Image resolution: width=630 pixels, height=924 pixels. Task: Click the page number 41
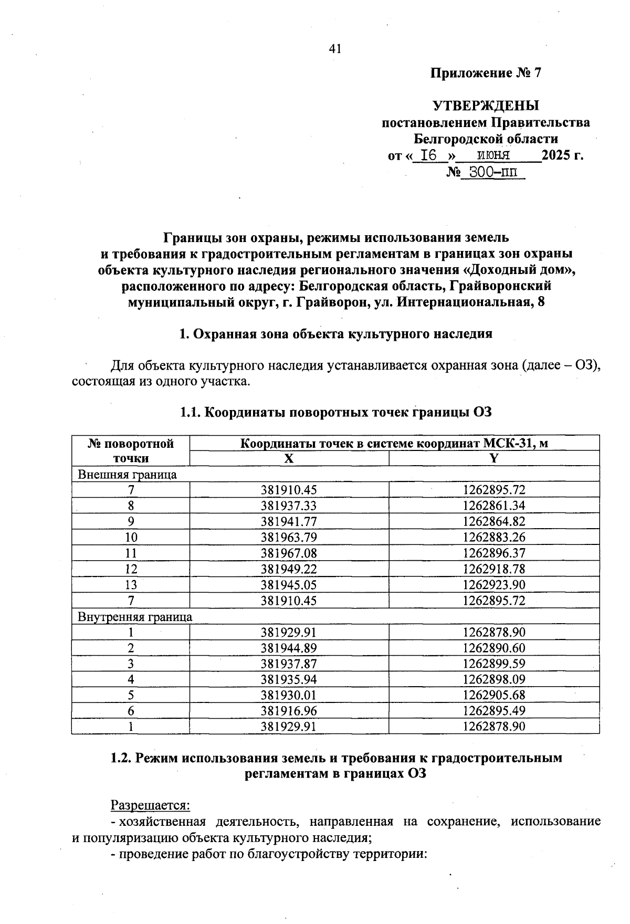click(x=335, y=49)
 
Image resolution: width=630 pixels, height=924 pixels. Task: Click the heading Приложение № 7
click(x=485, y=73)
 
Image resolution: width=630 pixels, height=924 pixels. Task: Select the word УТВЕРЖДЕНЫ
click(x=486, y=106)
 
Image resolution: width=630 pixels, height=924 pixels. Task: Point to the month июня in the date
click(x=493, y=155)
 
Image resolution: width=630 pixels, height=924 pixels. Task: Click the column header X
click(x=289, y=458)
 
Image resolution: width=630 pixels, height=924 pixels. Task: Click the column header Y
click(x=493, y=458)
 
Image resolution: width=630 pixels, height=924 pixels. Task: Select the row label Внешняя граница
click(x=127, y=475)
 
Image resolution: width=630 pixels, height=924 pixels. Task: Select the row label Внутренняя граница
click(x=135, y=616)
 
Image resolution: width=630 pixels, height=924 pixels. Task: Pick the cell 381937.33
click(x=289, y=506)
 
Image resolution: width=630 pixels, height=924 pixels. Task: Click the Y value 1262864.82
click(x=493, y=521)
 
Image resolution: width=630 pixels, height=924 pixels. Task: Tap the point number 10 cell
click(x=131, y=537)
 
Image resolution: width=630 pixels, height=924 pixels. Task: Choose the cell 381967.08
click(x=289, y=553)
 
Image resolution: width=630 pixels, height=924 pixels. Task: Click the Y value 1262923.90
click(x=493, y=584)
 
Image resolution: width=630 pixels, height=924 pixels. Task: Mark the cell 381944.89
click(x=289, y=648)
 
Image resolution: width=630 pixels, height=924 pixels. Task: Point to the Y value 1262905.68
click(x=493, y=695)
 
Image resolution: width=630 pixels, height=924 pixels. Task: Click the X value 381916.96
click(x=289, y=711)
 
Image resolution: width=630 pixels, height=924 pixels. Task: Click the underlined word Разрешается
click(x=150, y=805)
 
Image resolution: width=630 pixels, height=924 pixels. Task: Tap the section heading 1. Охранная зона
click(x=335, y=334)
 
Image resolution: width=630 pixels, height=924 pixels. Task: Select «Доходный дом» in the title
click(x=522, y=270)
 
